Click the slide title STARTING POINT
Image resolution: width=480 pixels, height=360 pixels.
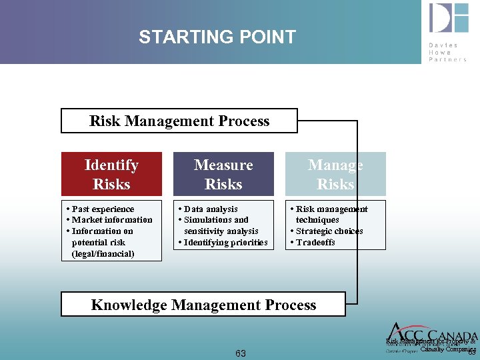[x=217, y=37]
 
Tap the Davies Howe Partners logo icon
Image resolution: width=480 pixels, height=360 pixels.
[x=448, y=19]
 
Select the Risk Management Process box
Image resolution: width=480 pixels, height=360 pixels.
[x=179, y=121]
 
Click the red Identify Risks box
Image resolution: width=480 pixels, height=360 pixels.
[x=111, y=174]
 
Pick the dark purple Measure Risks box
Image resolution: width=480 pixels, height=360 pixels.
[x=223, y=174]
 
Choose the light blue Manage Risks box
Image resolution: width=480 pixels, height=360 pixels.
[x=335, y=174]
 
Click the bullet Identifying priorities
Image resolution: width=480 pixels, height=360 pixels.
[x=225, y=242]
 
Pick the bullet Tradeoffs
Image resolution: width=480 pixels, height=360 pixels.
[x=315, y=242]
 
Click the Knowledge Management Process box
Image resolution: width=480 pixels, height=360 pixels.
[x=203, y=305]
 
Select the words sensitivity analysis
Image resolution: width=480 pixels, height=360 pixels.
[x=221, y=231]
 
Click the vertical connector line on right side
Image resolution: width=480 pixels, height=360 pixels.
[x=358, y=213]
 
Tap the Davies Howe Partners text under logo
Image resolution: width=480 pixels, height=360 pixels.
[x=448, y=52]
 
